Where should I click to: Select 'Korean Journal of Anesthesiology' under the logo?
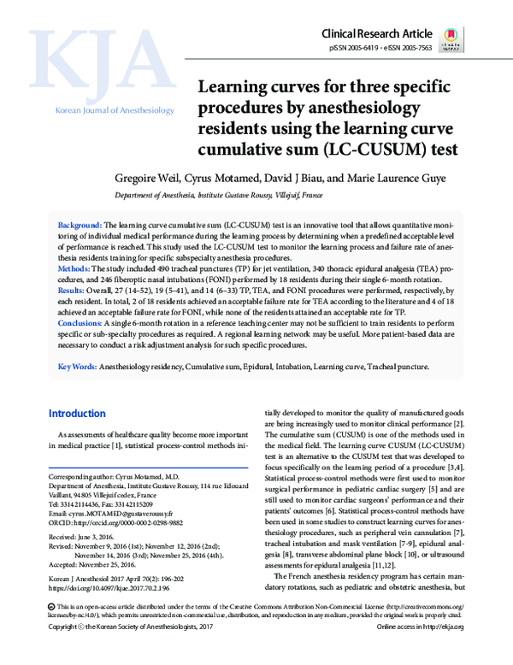(115, 111)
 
